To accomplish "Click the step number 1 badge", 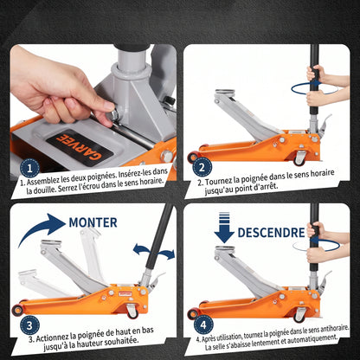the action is coord(29,168).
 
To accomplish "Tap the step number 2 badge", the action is coord(202,167).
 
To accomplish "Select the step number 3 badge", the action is coord(29,325).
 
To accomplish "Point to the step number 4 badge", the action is coord(203,325).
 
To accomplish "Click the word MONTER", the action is coord(93,222).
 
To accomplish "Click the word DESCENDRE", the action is coord(271,233).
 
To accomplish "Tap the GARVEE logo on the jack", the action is coord(79,147).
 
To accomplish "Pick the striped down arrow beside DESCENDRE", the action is coord(224,228).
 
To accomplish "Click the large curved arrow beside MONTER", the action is coord(41,227).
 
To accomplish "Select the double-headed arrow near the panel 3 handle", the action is coord(154,250).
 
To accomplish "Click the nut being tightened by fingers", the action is coord(113,115).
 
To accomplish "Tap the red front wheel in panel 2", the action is coord(192,157).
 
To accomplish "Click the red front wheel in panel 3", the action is coord(18,310).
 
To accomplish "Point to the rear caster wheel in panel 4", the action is coord(299,314).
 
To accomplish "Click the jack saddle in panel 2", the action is coord(224,92).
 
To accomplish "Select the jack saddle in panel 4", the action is coord(225,248).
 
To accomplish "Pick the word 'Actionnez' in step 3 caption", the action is coord(52,337).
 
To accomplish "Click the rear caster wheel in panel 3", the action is coord(132,312).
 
